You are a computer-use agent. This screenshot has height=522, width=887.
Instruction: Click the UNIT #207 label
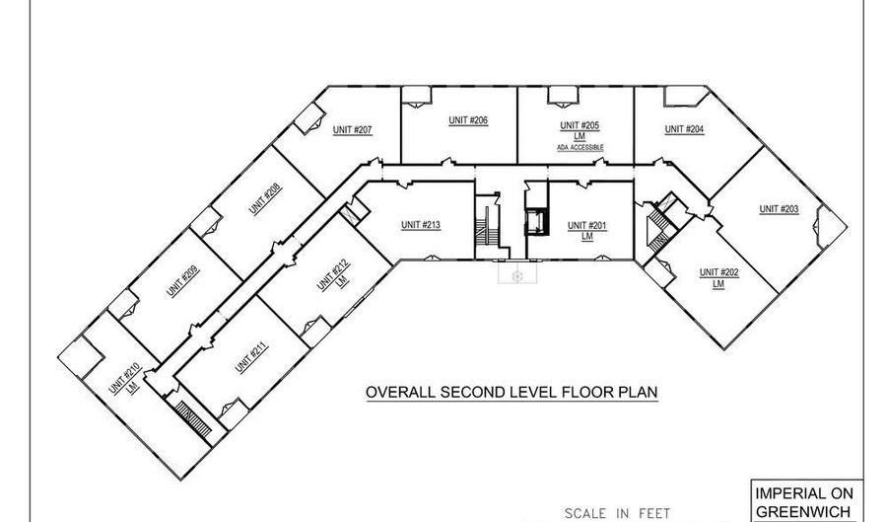coord(352,130)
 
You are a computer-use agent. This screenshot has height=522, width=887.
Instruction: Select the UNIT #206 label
coord(468,120)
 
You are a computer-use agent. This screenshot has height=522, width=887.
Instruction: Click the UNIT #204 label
coord(684,128)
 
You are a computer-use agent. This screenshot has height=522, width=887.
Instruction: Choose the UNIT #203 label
coord(779,208)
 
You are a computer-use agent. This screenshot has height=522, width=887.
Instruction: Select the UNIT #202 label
coord(718,271)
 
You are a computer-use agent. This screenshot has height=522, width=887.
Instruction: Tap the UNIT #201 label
coord(587,225)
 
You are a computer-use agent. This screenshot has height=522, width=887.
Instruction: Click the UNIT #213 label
coord(420,225)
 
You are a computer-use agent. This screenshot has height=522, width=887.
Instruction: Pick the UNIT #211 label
coord(247,357)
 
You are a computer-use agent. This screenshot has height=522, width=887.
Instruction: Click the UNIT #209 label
coord(182,282)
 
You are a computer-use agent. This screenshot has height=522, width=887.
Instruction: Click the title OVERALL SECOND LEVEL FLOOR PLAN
coord(512,392)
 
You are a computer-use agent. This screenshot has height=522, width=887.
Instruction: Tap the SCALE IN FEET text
coord(617,513)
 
